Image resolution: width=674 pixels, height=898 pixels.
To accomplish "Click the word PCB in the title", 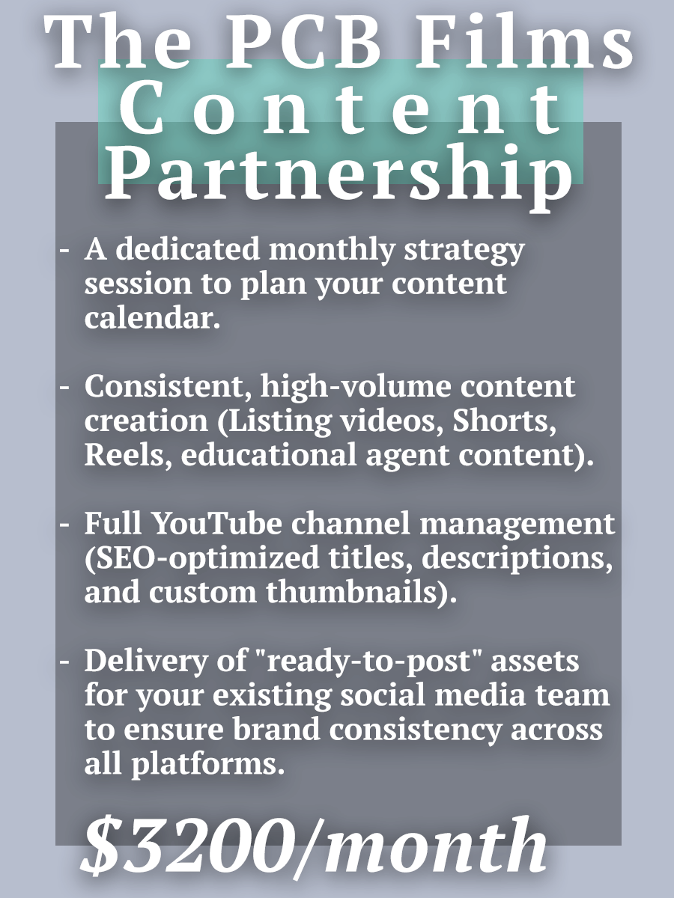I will pyautogui.click(x=296, y=45).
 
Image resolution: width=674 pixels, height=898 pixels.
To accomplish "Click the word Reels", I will pyautogui.click(x=120, y=454).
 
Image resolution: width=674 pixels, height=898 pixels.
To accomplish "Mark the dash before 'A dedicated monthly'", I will pyautogui.click(x=65, y=251).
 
